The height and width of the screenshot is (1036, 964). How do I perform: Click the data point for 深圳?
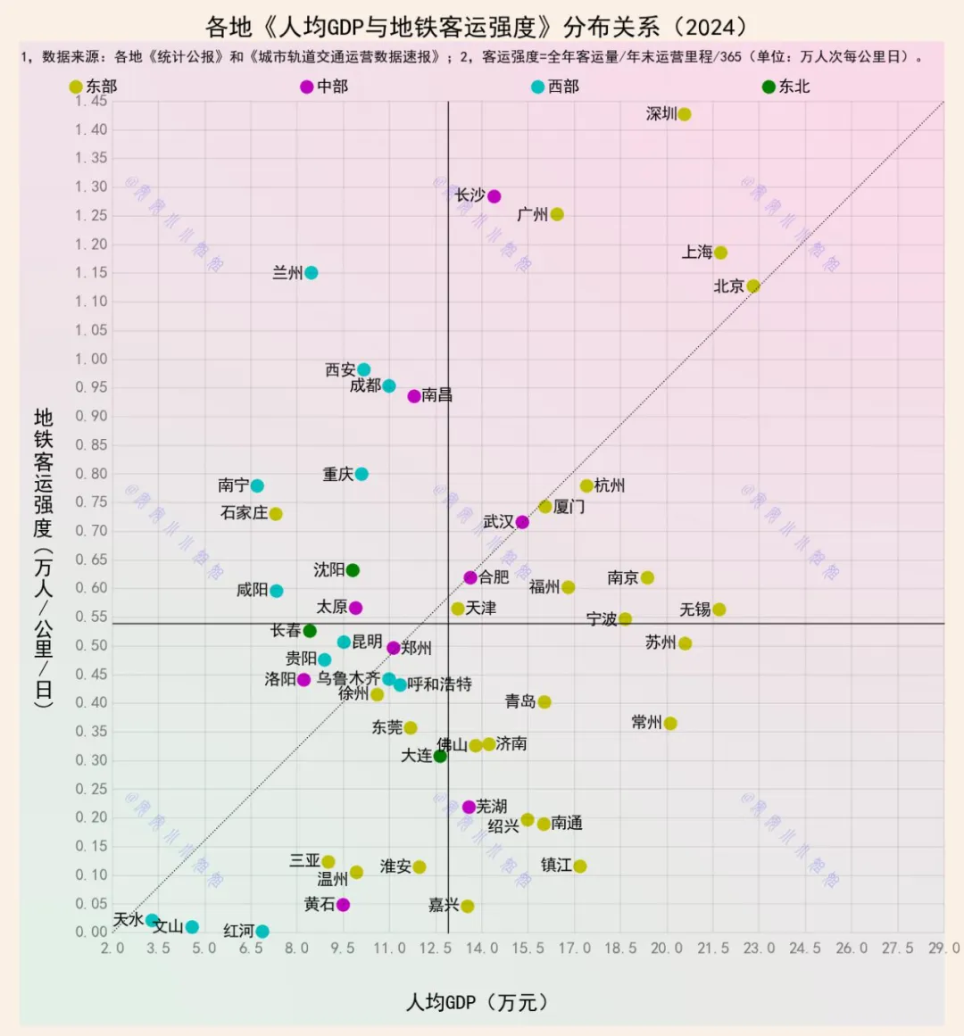tap(685, 114)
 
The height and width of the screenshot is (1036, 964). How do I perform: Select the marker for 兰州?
tap(311, 273)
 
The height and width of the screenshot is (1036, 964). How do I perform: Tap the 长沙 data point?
tap(494, 196)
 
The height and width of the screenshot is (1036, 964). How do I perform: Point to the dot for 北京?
tap(753, 286)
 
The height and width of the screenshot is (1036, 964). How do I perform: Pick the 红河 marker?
tap(262, 932)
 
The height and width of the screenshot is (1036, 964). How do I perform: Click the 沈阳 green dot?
tap(353, 570)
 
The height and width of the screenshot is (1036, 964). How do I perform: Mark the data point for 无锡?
tap(719, 609)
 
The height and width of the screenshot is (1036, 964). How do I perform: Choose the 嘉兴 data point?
tap(468, 907)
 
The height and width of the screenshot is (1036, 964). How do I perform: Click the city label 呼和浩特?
tap(439, 684)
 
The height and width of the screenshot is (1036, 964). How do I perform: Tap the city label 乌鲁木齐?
tap(348, 679)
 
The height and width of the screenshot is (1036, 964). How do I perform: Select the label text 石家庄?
tap(244, 513)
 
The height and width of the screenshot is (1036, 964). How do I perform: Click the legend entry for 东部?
tap(93, 87)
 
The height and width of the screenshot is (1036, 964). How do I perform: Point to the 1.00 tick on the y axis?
tap(91, 359)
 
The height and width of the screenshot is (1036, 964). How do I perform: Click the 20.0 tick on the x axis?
tap(667, 949)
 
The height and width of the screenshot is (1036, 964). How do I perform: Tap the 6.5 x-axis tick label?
tap(251, 949)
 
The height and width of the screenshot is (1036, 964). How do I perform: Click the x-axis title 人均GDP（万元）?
tap(477, 1002)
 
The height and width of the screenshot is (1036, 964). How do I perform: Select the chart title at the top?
tap(477, 27)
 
